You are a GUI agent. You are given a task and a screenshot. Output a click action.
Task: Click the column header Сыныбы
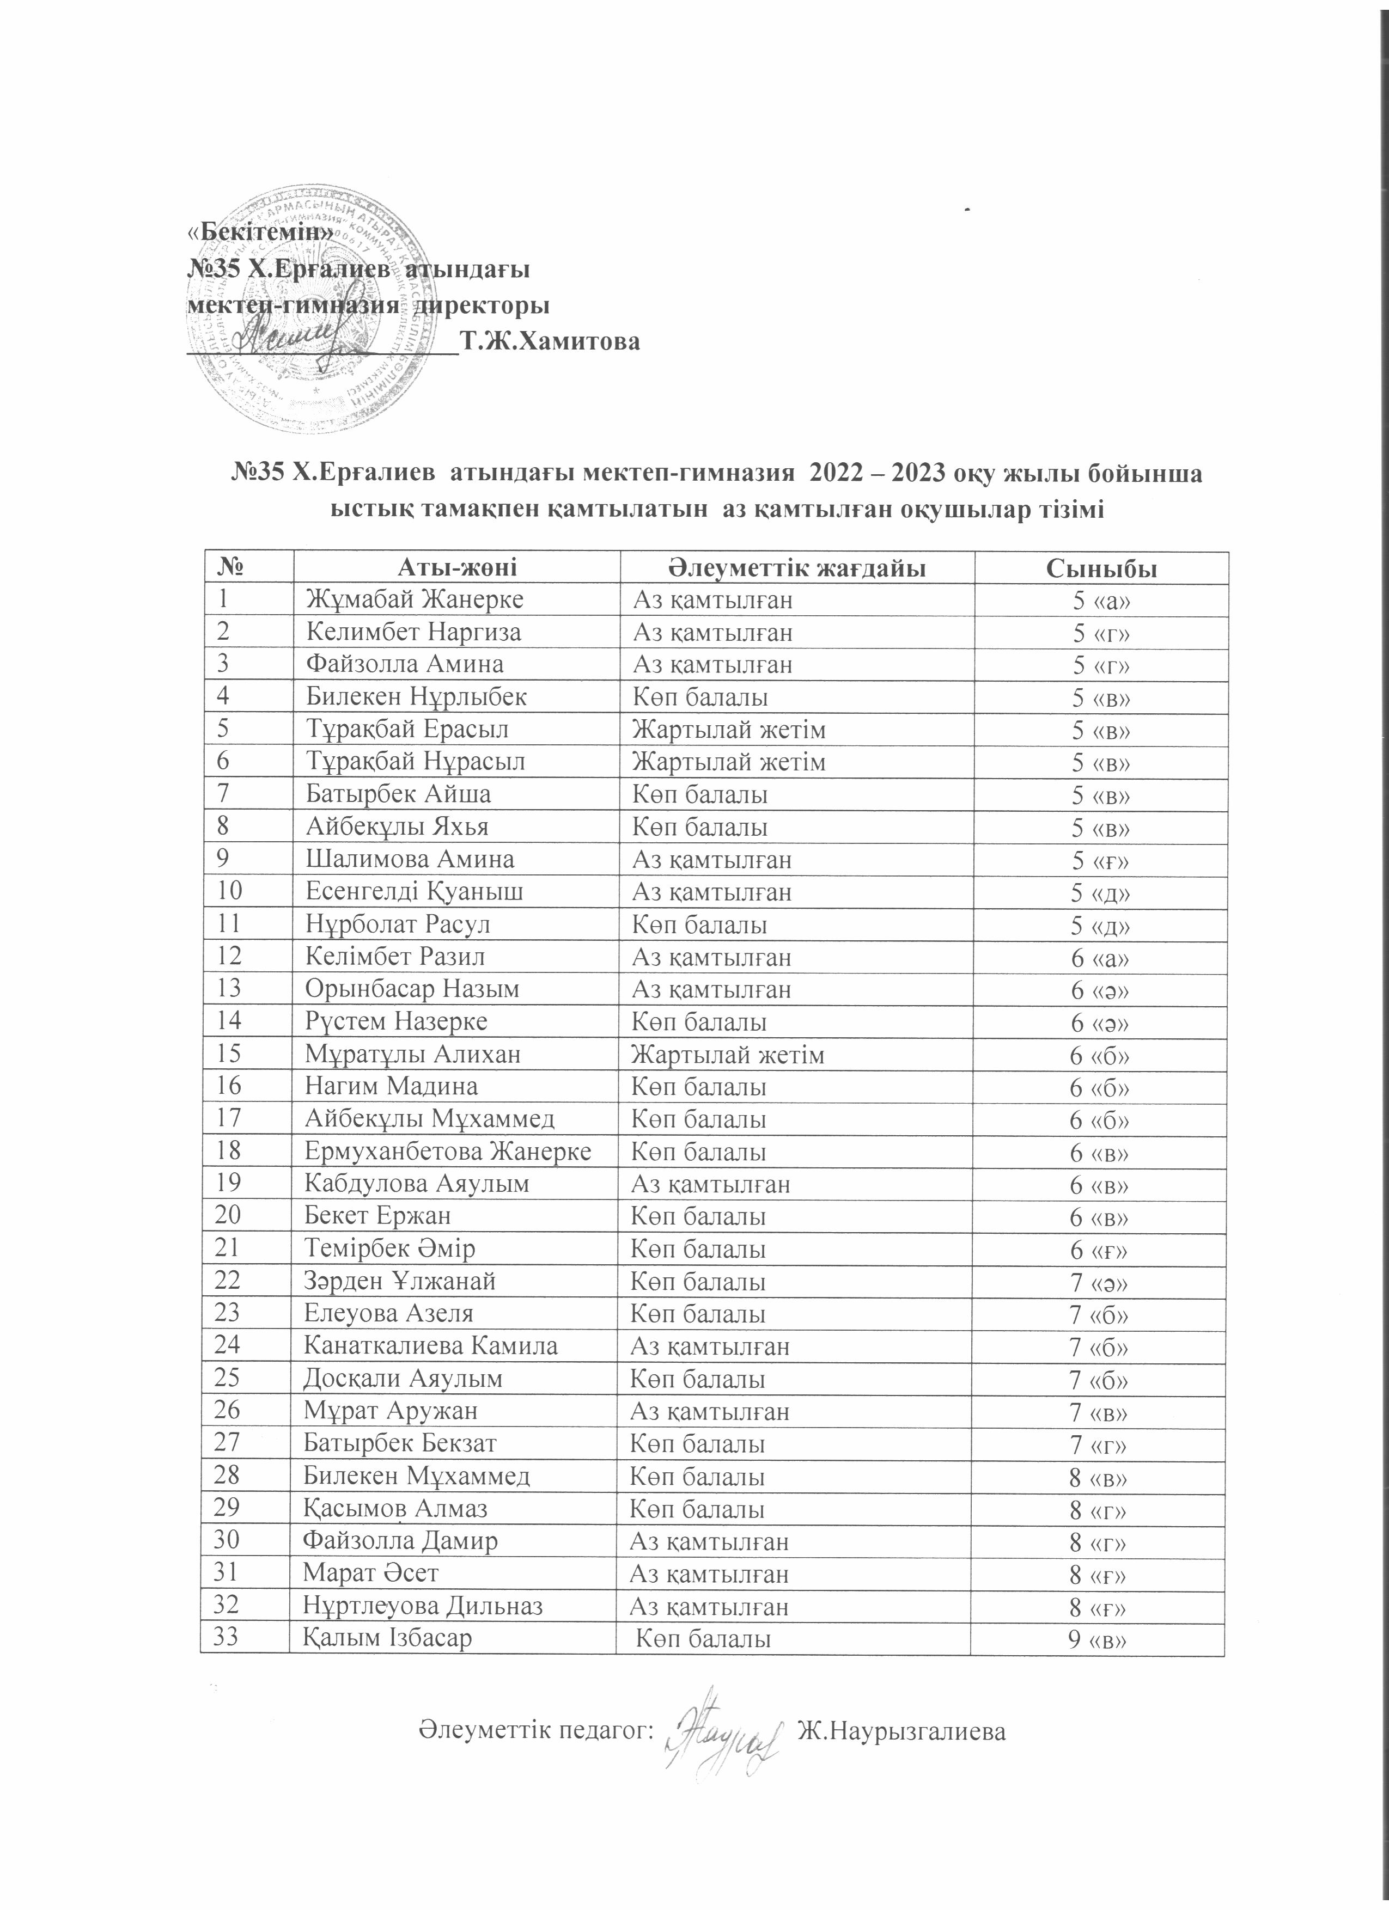click(1101, 568)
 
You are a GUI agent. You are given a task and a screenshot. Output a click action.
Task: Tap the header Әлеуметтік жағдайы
click(797, 568)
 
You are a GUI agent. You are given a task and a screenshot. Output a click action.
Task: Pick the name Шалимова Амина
click(410, 859)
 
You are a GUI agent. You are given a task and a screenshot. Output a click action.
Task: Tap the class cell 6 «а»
click(1099, 958)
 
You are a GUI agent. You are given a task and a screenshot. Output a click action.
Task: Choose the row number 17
click(229, 1118)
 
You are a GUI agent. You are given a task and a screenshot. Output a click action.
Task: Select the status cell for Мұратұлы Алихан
click(728, 1055)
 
